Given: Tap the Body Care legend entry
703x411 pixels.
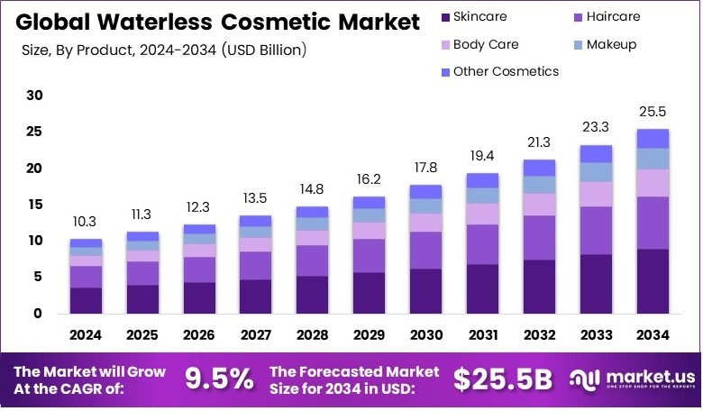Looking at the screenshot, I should [485, 43].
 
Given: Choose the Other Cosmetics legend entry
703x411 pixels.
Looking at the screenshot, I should [505, 70].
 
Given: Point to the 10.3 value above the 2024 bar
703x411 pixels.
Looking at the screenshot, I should [86, 222].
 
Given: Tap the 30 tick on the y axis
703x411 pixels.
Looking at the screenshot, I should [34, 96].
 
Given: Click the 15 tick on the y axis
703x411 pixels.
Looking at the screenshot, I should [34, 205].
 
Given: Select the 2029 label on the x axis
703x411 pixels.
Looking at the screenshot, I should [369, 335].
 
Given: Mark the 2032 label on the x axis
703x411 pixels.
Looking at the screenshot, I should [539, 335].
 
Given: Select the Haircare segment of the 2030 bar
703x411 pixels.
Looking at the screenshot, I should [425, 250].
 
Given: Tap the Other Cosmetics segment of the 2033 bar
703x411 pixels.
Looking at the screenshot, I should [596, 153].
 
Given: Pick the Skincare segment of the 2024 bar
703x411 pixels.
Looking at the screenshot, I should [86, 300].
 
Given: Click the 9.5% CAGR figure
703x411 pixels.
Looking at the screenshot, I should [219, 379].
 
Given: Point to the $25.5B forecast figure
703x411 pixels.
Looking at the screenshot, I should [502, 379].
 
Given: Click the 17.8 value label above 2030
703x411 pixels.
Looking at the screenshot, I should [425, 169].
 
